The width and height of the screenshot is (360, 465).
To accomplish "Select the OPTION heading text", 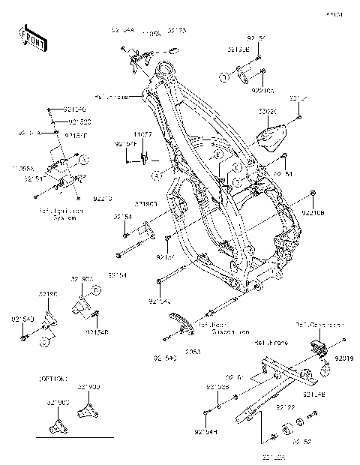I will coord(50,379).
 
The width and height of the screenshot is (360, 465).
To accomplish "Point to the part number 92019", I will coord(344,359).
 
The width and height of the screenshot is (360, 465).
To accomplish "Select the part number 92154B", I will coord(97,331).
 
